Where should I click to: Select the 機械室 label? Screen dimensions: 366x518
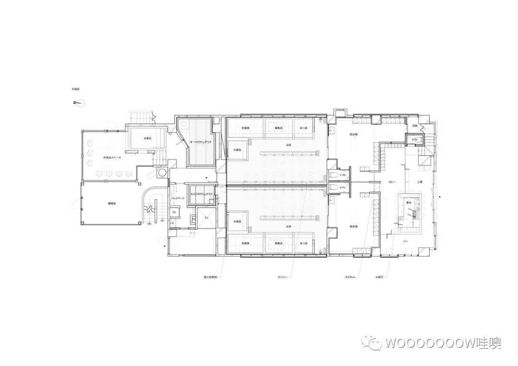(113, 203)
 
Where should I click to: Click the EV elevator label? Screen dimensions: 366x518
(207, 217)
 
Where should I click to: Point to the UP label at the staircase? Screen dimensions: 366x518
(162, 221)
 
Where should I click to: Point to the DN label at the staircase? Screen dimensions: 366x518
(149, 224)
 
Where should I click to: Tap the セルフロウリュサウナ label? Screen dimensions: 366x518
(201, 194)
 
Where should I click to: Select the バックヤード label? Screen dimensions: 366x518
(178, 198)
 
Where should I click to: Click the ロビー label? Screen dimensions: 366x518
(391, 183)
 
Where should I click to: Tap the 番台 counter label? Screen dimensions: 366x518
(409, 203)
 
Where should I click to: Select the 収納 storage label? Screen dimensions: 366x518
(415, 126)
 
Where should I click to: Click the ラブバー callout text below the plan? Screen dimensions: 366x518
(282, 277)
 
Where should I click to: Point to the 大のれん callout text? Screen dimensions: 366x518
(350, 277)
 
